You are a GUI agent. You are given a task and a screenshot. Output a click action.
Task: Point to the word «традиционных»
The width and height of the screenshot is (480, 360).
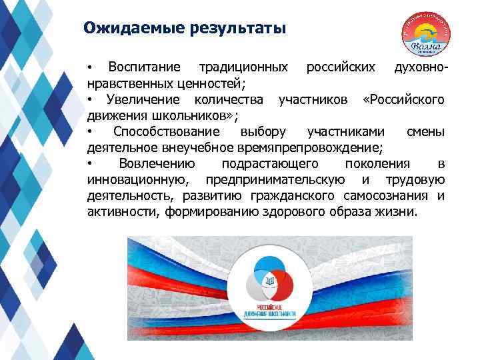245,68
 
